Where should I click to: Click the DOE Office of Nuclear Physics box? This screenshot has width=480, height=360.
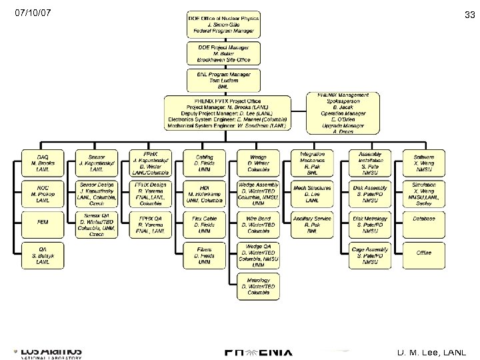(223, 24)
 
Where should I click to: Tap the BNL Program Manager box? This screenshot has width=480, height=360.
(223, 80)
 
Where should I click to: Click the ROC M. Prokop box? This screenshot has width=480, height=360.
(43, 193)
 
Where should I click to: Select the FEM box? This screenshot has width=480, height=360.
(43, 221)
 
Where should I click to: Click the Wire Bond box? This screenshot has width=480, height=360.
(259, 223)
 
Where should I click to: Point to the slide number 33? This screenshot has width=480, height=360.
(469, 15)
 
